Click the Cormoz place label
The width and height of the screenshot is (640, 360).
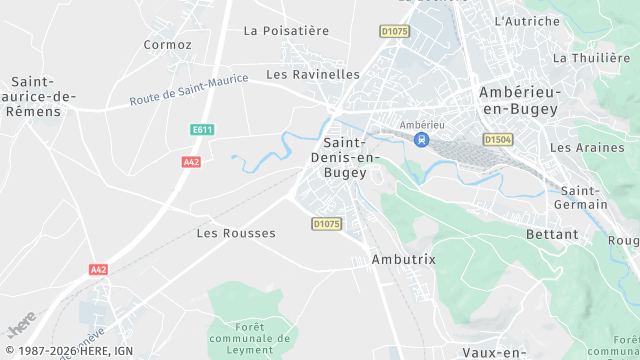[x=167, y=45]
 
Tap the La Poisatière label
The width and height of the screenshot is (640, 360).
[x=286, y=31]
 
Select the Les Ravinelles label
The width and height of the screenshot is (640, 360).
[x=313, y=75]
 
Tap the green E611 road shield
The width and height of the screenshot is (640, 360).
[x=203, y=130]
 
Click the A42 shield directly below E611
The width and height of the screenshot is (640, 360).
[x=191, y=161]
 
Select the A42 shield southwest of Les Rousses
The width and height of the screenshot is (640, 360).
[x=98, y=270]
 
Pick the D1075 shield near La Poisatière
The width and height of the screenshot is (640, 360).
[x=395, y=32]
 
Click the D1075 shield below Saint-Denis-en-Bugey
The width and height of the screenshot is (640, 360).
[x=326, y=223]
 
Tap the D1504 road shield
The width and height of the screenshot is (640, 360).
[x=497, y=140]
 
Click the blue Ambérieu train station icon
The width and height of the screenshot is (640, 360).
[x=422, y=139]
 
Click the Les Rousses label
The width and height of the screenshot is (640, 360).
[x=236, y=233]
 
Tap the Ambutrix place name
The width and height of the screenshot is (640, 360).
[x=403, y=259]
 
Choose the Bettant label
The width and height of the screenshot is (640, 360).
[x=551, y=234]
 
